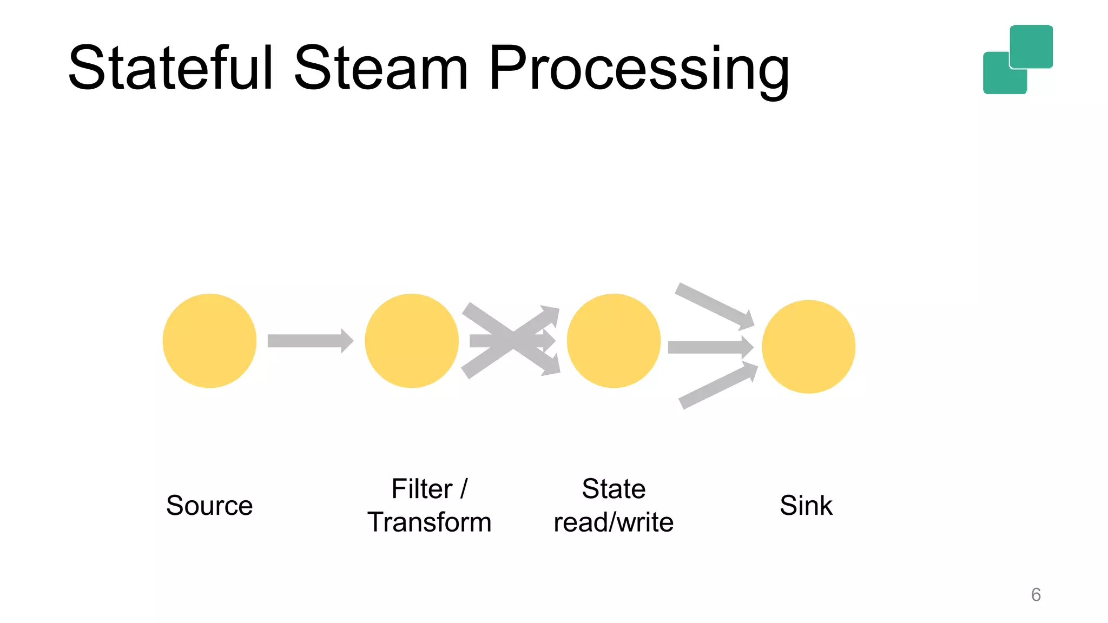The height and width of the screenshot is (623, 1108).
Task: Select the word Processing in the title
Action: pos(638,69)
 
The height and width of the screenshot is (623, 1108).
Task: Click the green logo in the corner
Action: pos(1018,59)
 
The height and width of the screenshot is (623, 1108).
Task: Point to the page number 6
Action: pos(1036,594)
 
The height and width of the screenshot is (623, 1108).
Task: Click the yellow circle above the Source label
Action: pos(209,341)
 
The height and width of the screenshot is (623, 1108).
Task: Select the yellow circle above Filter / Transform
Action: pos(411,341)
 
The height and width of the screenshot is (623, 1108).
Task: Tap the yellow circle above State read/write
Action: pos(614,341)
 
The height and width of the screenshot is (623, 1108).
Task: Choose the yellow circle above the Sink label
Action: pos(808,347)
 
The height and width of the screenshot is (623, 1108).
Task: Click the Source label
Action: pos(209,506)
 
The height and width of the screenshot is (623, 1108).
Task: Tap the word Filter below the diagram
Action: pos(421,489)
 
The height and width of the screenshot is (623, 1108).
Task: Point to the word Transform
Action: pos(430,522)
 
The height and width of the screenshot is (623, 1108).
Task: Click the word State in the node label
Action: pos(614,489)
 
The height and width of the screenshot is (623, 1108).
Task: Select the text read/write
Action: pos(614,522)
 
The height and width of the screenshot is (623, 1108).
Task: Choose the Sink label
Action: pos(806,506)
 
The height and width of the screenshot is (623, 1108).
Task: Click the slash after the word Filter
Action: pos(464,489)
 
